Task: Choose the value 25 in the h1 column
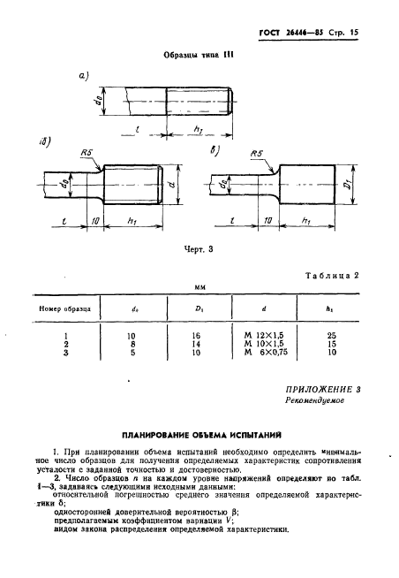click(x=330, y=337)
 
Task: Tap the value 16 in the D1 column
click(x=195, y=337)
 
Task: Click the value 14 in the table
click(x=195, y=346)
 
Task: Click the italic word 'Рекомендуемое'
click(x=315, y=400)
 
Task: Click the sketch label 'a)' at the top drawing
click(x=86, y=76)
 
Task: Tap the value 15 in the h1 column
click(x=330, y=346)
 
